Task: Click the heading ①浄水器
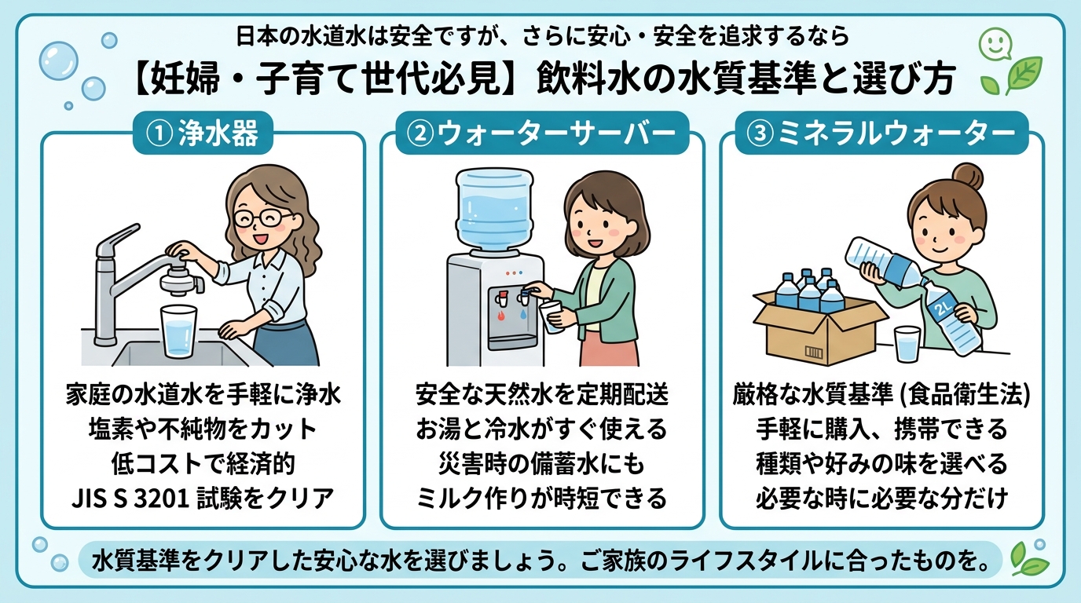[x=203, y=134]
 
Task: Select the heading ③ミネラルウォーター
[x=881, y=134]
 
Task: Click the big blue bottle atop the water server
[x=494, y=209]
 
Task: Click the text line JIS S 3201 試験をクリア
[x=203, y=497]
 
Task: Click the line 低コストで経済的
[x=203, y=463]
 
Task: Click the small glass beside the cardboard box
[x=907, y=345]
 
